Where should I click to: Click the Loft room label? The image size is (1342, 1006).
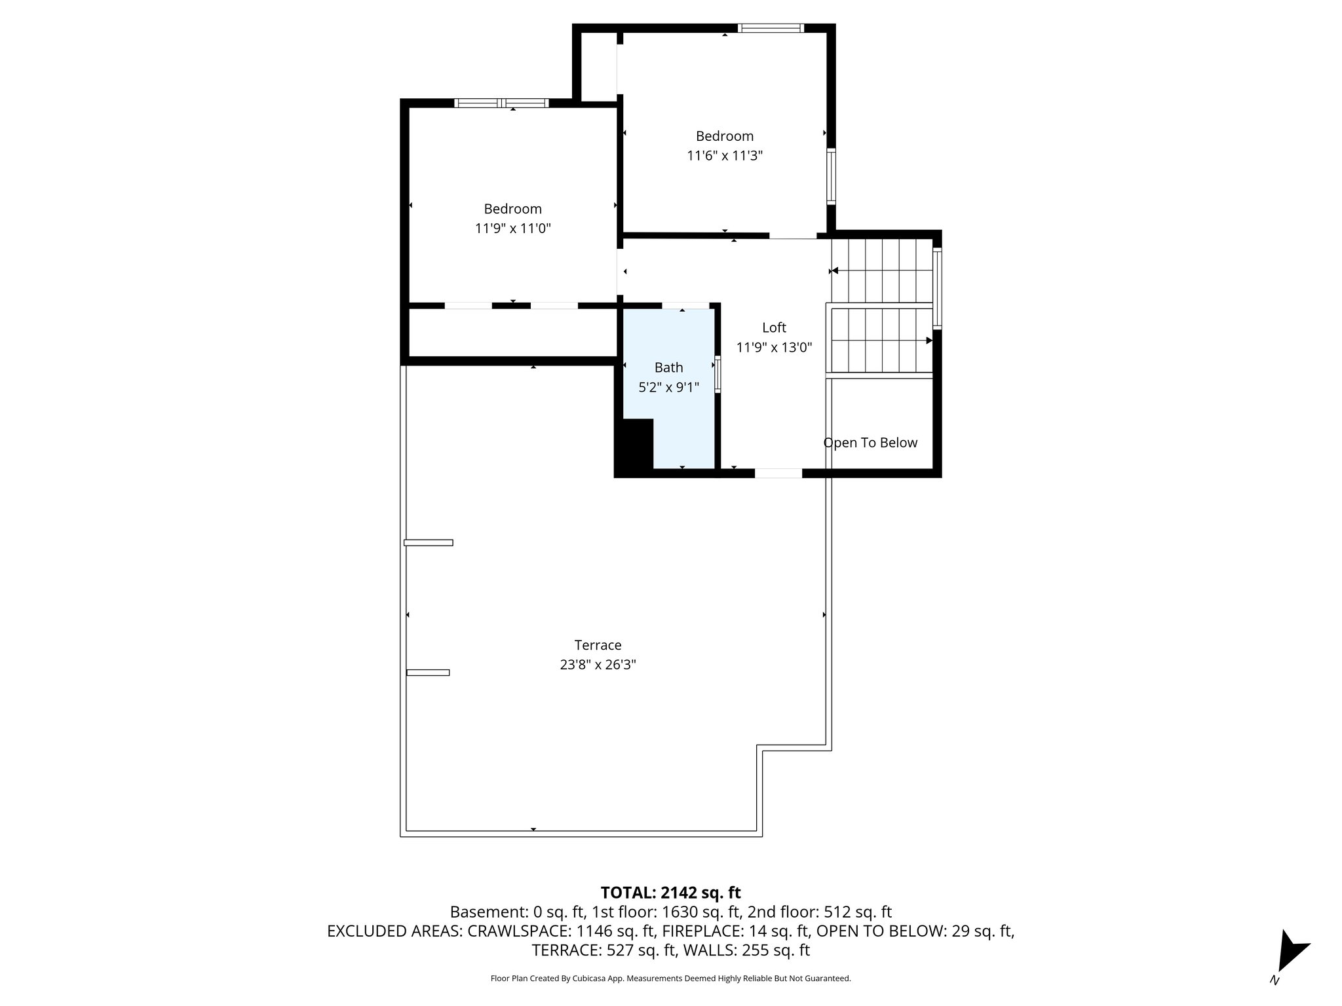(x=774, y=327)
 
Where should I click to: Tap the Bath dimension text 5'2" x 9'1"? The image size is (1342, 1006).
(x=668, y=387)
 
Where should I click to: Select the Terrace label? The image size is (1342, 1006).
(x=598, y=645)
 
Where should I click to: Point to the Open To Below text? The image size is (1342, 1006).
(x=870, y=443)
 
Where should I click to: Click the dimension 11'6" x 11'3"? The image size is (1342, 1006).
(x=724, y=156)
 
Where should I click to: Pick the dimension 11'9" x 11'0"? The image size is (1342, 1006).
(x=512, y=229)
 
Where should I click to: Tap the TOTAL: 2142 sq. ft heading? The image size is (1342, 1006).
(x=670, y=893)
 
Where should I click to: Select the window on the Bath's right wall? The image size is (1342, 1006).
(x=718, y=374)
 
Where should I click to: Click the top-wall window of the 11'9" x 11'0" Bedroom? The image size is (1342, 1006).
(x=501, y=103)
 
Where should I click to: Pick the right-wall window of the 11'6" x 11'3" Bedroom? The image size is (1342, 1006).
(x=831, y=176)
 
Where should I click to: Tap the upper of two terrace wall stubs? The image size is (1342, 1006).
(x=428, y=542)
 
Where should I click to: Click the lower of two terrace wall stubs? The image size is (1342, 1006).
(x=427, y=672)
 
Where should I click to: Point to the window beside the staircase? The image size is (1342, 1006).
(x=937, y=288)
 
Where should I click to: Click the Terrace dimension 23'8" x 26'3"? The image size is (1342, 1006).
(x=598, y=665)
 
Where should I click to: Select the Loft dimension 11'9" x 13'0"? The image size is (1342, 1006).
(x=774, y=348)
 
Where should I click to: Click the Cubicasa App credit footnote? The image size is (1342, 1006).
(x=670, y=978)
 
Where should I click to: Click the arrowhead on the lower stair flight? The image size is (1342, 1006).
(x=929, y=341)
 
